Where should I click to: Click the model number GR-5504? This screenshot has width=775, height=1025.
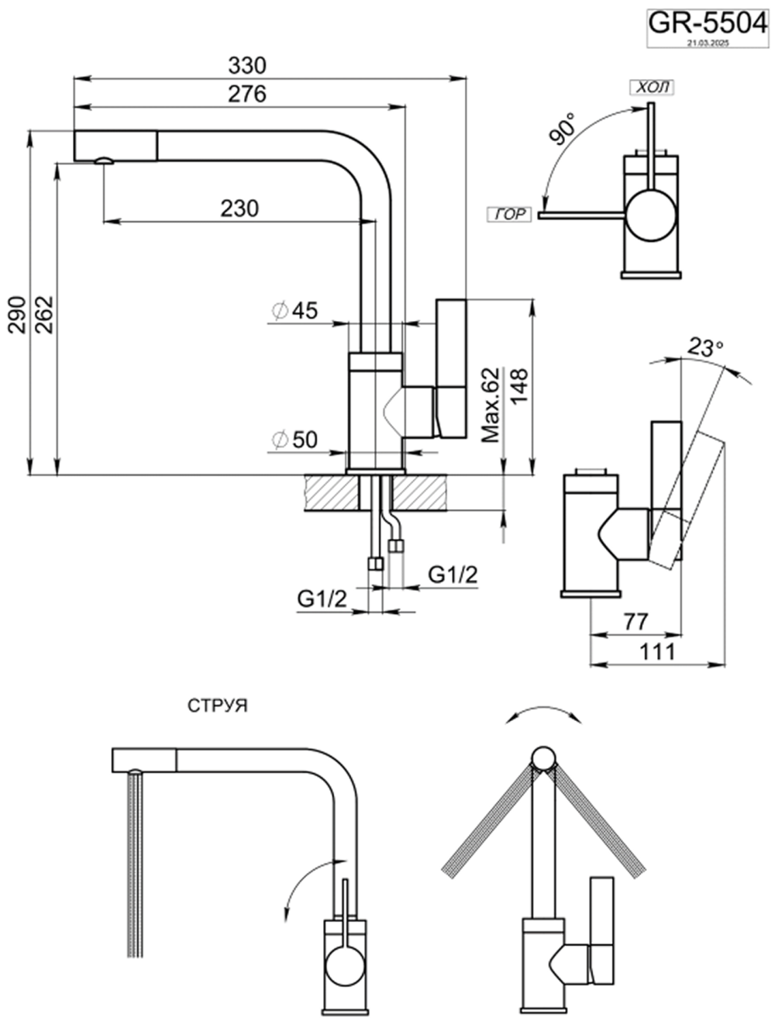[707, 22]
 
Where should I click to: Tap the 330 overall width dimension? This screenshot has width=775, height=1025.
[247, 64]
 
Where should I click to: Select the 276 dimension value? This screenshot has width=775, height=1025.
[247, 94]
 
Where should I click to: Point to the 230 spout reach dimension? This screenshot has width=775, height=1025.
[239, 208]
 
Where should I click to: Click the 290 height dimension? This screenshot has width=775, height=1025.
[17, 313]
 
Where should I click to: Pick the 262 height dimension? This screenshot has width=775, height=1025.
[44, 313]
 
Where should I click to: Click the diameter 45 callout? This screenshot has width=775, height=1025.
[295, 311]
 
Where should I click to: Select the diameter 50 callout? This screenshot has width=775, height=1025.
[295, 440]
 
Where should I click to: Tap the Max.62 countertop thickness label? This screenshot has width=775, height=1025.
[491, 406]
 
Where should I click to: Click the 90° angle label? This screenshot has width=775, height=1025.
[563, 129]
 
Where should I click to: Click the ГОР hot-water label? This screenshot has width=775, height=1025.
[509, 215]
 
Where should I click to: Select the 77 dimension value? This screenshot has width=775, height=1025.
[635, 621]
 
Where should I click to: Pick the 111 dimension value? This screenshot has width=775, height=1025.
[659, 651]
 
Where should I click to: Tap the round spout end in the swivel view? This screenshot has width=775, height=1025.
[544, 759]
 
